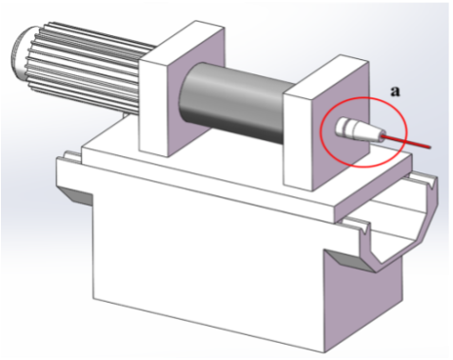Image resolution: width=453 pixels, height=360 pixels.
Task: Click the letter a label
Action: coord(395,91)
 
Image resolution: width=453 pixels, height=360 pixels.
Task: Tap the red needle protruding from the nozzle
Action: coord(406,142)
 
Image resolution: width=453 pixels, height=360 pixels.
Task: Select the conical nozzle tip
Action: coord(369,131)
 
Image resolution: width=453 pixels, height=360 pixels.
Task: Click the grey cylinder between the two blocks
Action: coord(235,102)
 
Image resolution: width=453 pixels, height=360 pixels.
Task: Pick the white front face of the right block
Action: coord(298,141)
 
